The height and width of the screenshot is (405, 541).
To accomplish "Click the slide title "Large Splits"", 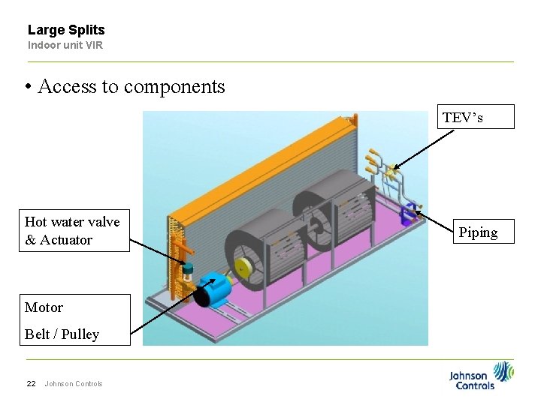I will point(66,30).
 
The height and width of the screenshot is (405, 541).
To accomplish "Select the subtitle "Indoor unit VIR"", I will point(65,45).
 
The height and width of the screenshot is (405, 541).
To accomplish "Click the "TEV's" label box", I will point(476,117).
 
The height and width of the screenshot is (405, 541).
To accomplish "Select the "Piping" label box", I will point(478,232).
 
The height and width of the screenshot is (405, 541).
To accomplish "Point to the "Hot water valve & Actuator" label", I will point(72,230).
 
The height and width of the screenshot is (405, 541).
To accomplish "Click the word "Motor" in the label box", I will point(44,307).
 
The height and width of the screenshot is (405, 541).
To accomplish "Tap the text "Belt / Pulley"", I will point(62,334).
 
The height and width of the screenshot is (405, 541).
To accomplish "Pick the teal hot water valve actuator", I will point(188,268).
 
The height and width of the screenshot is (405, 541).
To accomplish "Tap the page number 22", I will point(31,384).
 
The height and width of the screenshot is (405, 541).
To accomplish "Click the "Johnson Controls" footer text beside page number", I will point(74,384).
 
